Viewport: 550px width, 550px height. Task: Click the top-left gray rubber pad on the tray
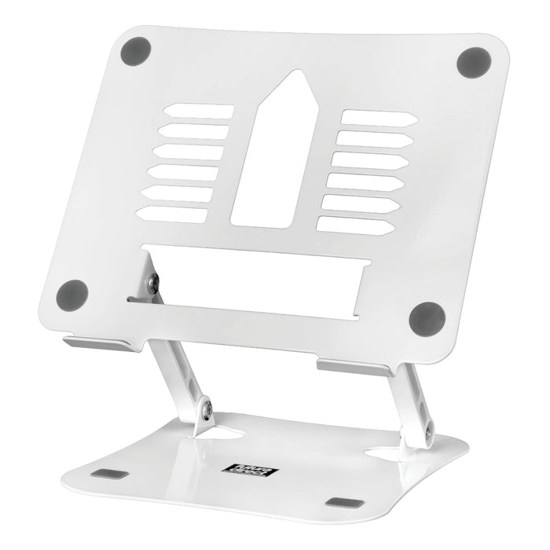tap(136, 51)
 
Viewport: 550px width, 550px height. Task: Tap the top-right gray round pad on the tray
tap(473, 62)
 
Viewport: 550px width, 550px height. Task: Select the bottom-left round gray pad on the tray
tap(72, 295)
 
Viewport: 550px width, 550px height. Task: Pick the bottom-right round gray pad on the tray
tap(427, 318)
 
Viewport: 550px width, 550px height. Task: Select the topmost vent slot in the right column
tap(377, 119)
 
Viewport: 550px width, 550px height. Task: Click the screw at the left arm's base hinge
tap(207, 409)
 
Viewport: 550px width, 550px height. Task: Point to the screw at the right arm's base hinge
tap(428, 430)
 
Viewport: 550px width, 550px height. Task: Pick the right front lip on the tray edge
tap(354, 368)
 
